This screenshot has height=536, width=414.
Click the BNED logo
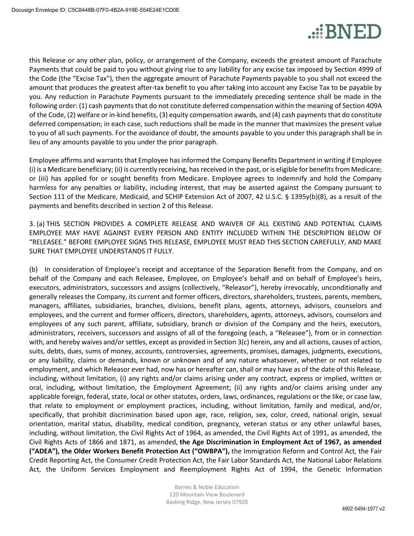click(x=345, y=31)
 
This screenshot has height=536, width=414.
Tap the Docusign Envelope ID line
click(x=95, y=10)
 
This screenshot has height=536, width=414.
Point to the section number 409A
click(x=372, y=106)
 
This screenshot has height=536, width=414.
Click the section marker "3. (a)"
click(x=37, y=224)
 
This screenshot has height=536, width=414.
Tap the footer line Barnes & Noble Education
click(x=207, y=487)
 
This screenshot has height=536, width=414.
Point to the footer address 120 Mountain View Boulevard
click(x=207, y=495)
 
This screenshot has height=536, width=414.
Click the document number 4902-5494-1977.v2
click(x=363, y=509)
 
